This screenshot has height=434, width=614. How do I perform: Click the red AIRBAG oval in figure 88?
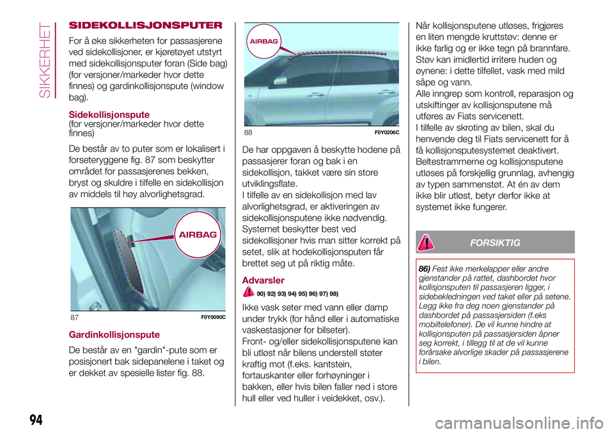(x=264, y=40)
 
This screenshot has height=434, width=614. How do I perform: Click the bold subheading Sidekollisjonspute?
(x=109, y=115)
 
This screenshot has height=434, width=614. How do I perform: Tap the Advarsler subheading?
(x=264, y=280)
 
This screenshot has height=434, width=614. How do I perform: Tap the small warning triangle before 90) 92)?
(x=249, y=293)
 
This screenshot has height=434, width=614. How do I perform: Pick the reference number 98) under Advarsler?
(x=333, y=294)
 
